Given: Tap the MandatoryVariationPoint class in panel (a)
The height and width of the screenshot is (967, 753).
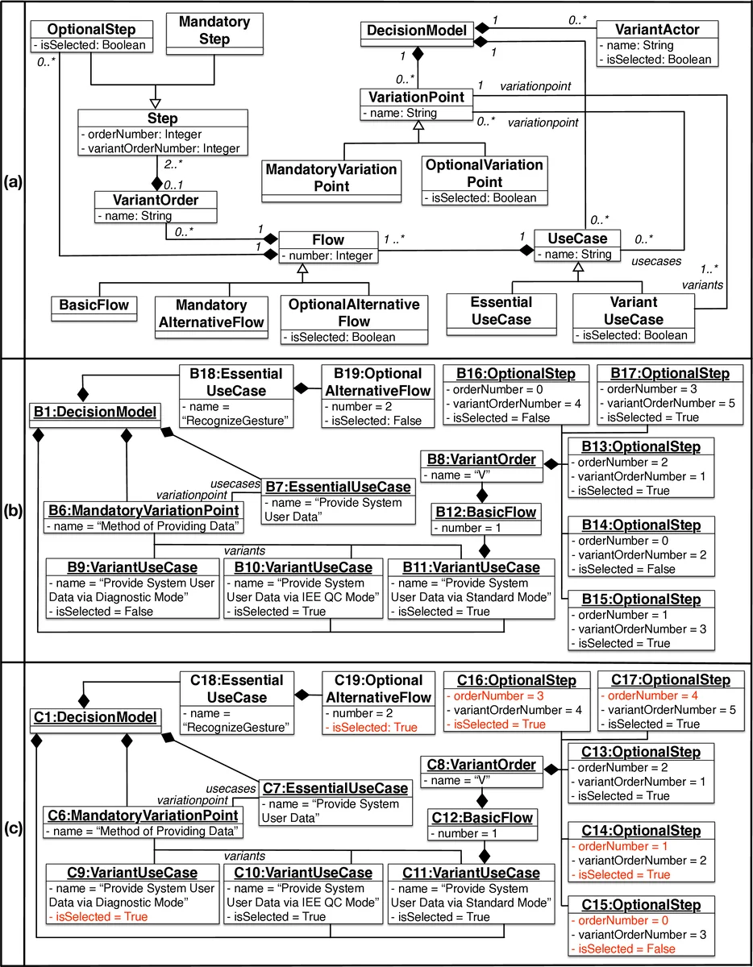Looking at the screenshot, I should point(331,177).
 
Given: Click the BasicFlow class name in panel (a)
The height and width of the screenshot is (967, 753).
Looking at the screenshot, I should point(94,305).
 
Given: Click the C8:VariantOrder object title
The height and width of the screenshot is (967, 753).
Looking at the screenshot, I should point(479,764).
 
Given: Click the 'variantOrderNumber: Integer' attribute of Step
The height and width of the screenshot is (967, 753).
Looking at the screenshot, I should point(160,148).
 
